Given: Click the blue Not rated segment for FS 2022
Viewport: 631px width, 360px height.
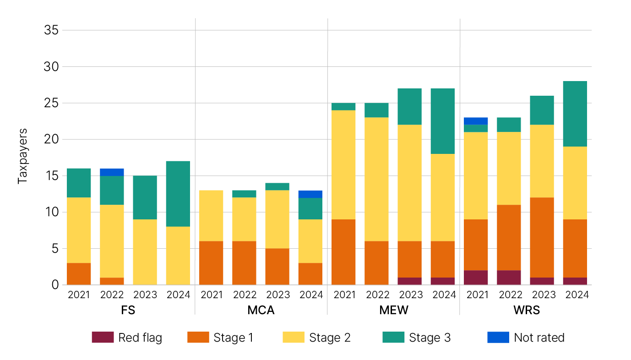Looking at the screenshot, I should [112, 172].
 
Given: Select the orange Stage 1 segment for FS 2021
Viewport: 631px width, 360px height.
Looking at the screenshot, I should [79, 274].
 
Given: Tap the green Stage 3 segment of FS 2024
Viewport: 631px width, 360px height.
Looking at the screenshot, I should [178, 194].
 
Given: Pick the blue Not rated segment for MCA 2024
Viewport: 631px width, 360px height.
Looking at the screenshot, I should [310, 194].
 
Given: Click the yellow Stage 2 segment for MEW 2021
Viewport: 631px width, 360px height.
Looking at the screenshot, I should [343, 165].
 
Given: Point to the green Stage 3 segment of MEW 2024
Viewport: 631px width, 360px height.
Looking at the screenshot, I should [443, 121].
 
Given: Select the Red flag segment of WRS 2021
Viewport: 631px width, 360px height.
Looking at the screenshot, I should [476, 278].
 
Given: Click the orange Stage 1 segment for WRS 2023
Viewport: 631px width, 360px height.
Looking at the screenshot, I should [542, 237].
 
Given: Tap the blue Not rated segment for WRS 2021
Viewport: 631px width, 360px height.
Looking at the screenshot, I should [476, 121].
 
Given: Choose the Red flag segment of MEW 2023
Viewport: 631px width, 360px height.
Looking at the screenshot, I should [410, 281].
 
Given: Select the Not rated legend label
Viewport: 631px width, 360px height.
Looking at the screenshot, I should [539, 338].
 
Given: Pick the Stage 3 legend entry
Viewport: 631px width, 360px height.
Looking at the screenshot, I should [430, 338].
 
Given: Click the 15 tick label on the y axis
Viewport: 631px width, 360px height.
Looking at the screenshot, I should [51, 176].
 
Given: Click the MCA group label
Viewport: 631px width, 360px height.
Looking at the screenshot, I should [261, 310].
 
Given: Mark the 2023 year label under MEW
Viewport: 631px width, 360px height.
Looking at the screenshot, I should [410, 295].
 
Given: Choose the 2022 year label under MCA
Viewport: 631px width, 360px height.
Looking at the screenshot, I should [244, 295].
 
